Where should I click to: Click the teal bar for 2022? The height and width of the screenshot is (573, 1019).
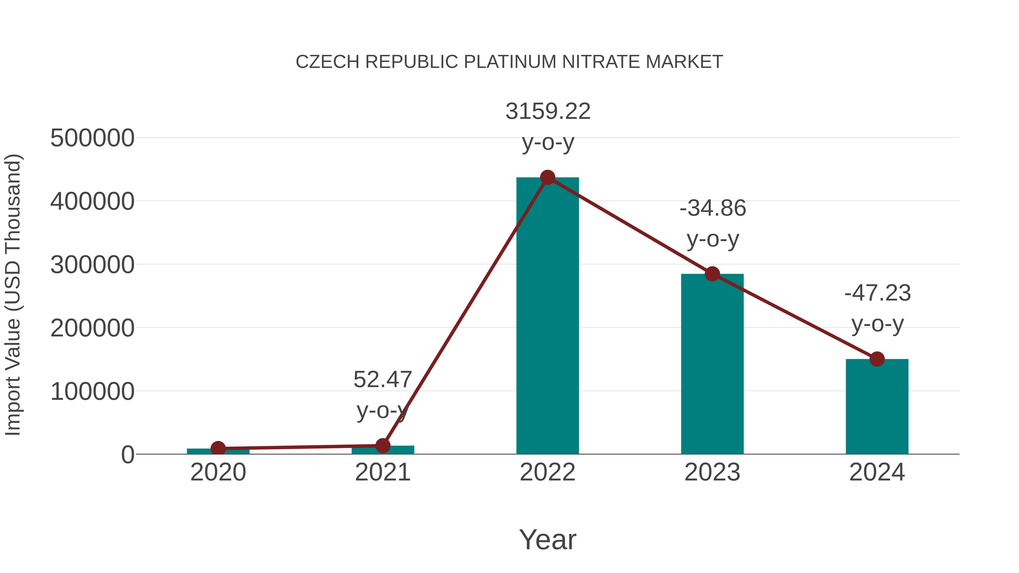click(547, 316)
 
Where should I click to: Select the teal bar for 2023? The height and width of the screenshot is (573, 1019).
click(712, 364)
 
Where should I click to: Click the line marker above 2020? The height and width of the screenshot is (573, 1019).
click(218, 448)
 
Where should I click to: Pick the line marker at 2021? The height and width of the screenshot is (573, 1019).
click(382, 446)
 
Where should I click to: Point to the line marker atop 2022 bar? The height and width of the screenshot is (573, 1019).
click(547, 177)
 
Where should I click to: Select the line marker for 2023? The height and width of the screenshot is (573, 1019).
click(712, 274)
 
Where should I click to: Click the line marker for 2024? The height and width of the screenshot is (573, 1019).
click(877, 359)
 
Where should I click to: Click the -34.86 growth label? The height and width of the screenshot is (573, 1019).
click(712, 208)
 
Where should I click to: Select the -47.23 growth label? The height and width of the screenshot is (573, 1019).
click(877, 293)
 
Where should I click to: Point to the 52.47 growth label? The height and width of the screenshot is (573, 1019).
click(382, 380)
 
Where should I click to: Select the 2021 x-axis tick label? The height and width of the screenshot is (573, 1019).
click(382, 473)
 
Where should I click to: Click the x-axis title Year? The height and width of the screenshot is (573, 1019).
click(547, 540)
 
